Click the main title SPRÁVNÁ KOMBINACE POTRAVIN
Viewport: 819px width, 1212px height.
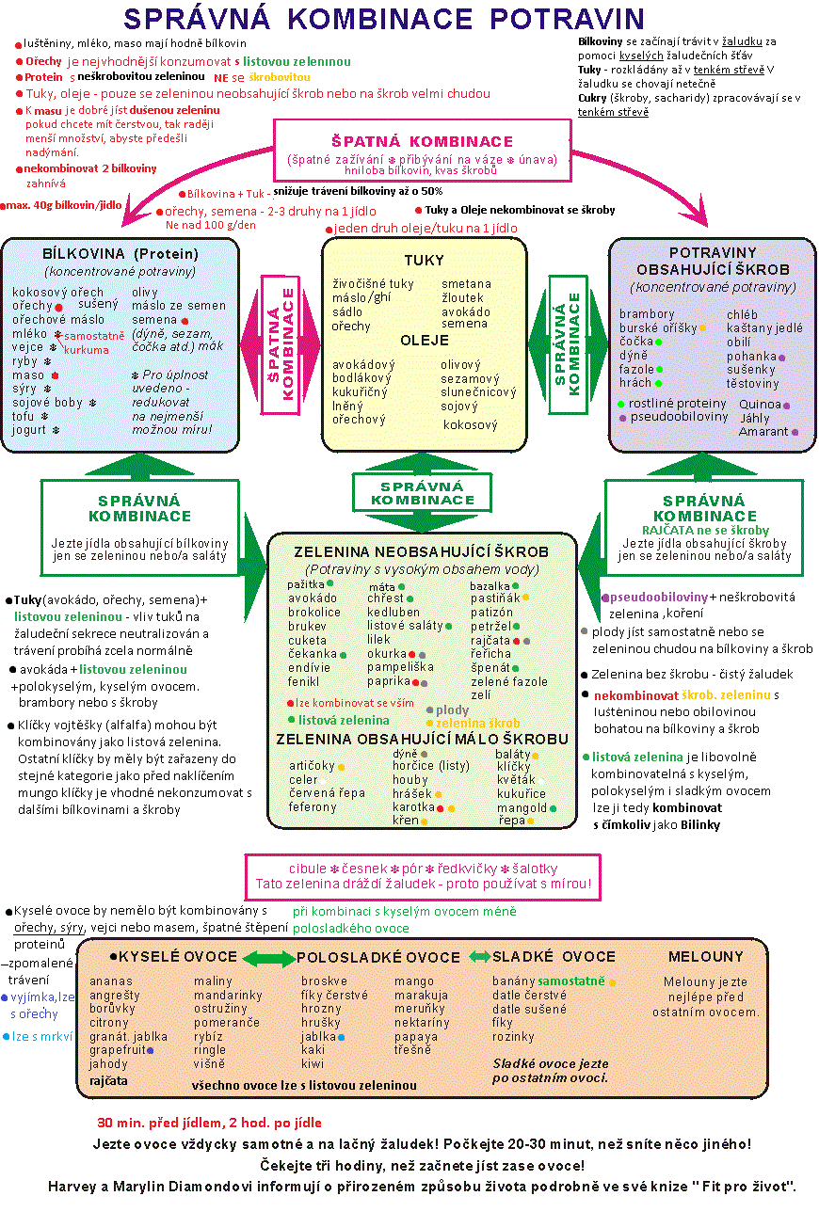[384, 19]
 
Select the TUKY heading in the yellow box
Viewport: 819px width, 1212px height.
[424, 261]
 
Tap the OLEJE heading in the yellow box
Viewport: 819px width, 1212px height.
[424, 340]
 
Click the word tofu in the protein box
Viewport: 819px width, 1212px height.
[24, 416]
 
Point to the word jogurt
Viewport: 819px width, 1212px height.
[29, 430]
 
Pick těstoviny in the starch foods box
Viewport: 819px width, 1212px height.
[753, 384]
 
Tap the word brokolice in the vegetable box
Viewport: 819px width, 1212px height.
[314, 612]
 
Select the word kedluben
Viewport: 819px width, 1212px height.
[393, 612]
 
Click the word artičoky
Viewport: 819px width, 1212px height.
[312, 766]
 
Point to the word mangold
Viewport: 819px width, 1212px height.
[522, 807]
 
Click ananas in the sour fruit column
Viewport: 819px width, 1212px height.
[111, 981]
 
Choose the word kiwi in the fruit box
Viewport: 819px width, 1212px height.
[313, 1064]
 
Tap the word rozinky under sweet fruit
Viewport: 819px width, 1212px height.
[513, 1037]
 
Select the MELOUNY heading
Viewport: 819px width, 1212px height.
[705, 956]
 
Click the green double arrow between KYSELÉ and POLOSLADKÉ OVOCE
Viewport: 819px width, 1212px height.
[267, 958]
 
